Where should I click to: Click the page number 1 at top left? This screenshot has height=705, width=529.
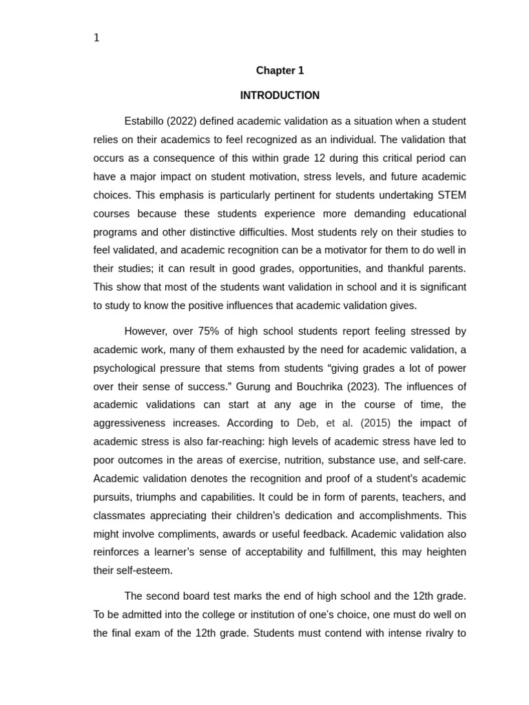coord(96,38)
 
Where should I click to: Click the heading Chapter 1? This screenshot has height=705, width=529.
coord(280,70)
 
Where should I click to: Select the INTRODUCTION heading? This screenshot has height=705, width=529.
coord(280,96)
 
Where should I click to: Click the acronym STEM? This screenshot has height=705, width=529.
coord(451,195)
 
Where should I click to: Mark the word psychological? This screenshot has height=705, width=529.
coord(128,368)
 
